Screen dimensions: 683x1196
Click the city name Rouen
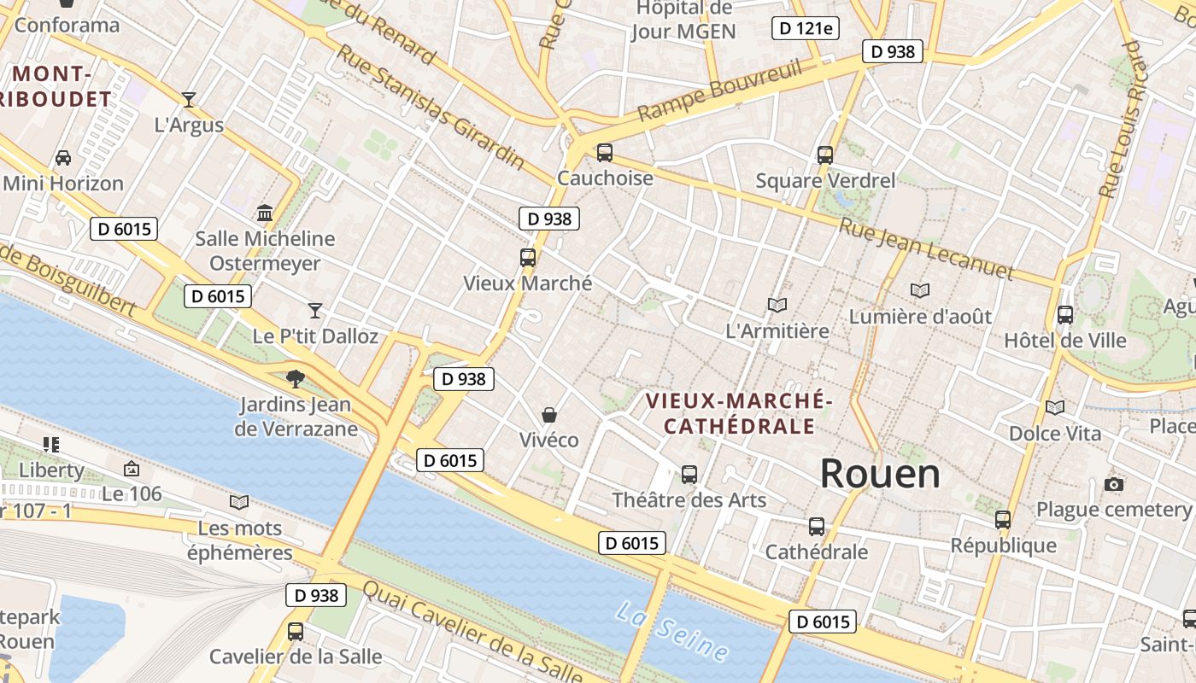pyautogui.click(x=880, y=474)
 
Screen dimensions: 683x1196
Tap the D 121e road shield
pyautogui.click(x=805, y=28)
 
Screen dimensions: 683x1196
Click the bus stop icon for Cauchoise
pyautogui.click(x=605, y=153)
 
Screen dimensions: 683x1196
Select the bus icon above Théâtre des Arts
pyautogui.click(x=689, y=474)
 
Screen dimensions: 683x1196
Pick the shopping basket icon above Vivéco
pyautogui.click(x=549, y=415)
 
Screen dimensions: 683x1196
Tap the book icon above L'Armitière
pyautogui.click(x=777, y=305)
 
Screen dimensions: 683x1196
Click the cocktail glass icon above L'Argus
pyautogui.click(x=189, y=99)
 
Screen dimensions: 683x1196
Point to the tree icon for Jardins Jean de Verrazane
pyautogui.click(x=296, y=378)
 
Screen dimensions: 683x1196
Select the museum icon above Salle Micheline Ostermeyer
pyautogui.click(x=265, y=213)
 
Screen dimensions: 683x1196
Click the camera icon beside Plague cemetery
pyautogui.click(x=1113, y=485)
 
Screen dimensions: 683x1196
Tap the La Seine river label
pyautogui.click(x=672, y=633)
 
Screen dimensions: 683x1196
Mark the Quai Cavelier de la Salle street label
pyautogui.click(x=474, y=634)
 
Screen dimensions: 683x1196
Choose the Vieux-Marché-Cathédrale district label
pyautogui.click(x=738, y=412)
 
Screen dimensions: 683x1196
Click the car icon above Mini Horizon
pyautogui.click(x=63, y=158)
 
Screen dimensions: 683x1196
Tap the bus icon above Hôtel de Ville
pyautogui.click(x=1064, y=314)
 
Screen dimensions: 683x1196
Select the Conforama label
pyautogui.click(x=67, y=25)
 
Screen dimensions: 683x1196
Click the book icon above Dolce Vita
pyautogui.click(x=1055, y=408)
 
